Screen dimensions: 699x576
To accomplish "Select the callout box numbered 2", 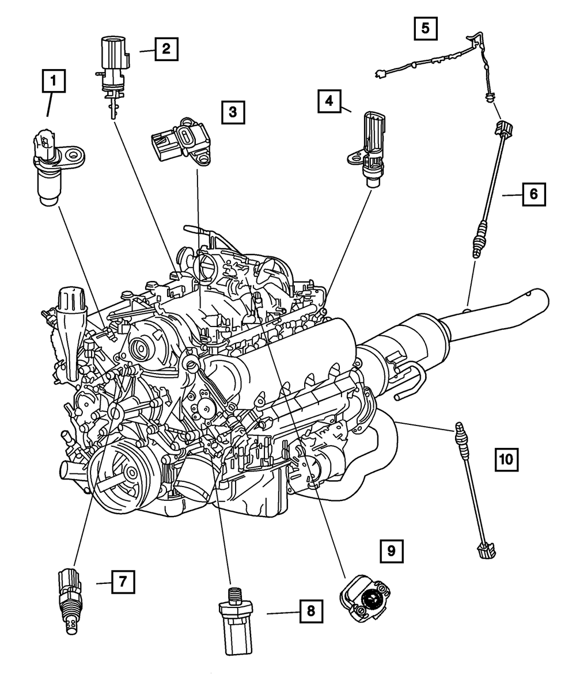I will point(166,49).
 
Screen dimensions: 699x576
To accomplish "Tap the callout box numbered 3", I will point(233,112).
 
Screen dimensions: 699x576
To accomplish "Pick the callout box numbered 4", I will point(329,101).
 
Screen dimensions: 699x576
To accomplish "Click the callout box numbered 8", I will point(311,611).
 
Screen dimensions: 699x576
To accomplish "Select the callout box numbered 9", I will point(391,551).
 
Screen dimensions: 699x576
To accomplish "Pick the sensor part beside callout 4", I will point(369,151).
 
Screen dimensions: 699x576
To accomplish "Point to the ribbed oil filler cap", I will point(72,302).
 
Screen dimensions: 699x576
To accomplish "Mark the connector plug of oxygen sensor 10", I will point(485,550).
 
